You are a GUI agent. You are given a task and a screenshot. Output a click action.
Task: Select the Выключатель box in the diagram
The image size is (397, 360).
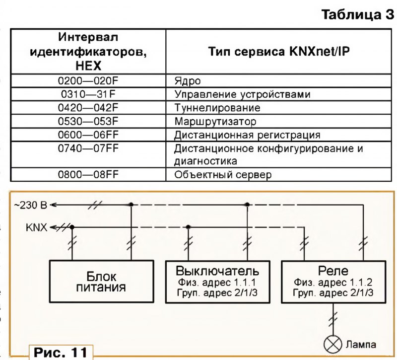[x=217, y=282]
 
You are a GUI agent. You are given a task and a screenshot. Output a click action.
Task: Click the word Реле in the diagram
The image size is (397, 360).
[x=333, y=271]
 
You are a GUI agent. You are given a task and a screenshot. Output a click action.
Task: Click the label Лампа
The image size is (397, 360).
[x=361, y=344]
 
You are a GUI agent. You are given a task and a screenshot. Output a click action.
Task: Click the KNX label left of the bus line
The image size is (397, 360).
[x=37, y=227]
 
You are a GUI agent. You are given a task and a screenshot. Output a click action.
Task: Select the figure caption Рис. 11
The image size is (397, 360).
[x=60, y=353]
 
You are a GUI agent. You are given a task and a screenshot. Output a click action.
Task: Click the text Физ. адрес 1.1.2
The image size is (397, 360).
[x=333, y=283]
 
